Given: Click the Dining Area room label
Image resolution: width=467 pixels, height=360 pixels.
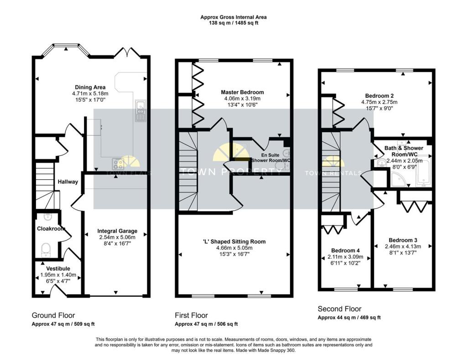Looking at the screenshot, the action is coord(90,87).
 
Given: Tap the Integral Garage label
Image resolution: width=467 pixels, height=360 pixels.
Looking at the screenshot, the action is coord(117,231).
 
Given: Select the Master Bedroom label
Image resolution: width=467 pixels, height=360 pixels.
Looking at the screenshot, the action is coord(243,92).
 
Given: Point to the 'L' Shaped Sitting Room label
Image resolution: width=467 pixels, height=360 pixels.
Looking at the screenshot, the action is coord(234,242).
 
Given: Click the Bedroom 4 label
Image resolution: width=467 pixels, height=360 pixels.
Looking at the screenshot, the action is coord(346,250).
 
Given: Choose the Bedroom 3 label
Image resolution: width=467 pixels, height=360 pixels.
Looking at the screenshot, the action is coord(403,240).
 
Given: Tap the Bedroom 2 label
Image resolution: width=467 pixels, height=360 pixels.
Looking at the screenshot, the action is coord(379,96).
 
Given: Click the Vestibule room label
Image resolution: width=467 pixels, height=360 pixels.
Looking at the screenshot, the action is coord(58,268).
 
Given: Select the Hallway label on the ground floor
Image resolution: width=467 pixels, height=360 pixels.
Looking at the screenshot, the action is coord(68,182).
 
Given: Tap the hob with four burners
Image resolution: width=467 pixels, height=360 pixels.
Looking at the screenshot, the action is coord(118,164).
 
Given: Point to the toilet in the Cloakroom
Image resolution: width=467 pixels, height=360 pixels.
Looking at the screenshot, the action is coord(46,250).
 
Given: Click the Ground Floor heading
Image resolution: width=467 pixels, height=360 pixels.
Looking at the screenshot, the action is coord(53,315).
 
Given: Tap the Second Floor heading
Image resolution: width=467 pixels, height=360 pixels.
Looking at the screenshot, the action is coord(339,309).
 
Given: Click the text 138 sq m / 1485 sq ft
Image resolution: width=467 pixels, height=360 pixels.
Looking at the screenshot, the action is coord(233,23).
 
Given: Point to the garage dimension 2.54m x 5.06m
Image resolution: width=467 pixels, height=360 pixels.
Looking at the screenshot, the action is coord(117,237).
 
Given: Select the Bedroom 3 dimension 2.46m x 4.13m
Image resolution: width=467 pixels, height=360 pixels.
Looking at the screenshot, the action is coord(403,246).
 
